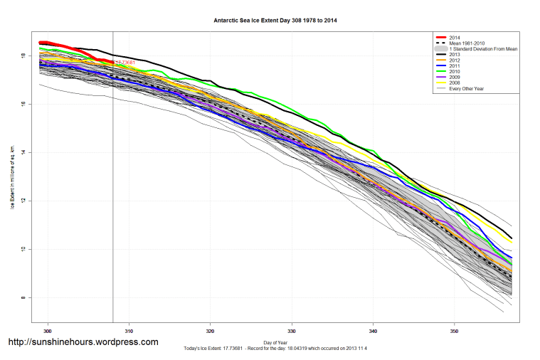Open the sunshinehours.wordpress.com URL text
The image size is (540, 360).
point(83,342)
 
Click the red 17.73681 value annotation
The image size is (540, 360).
point(125,63)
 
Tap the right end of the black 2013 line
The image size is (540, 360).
point(512,238)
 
